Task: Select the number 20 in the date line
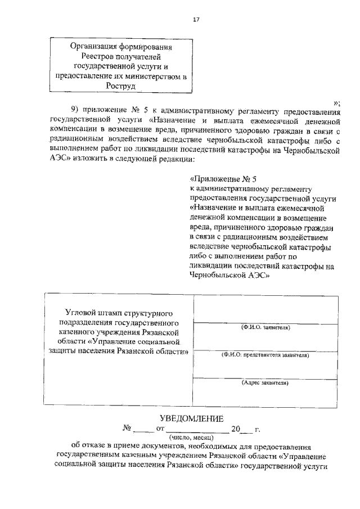point(236,429)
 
